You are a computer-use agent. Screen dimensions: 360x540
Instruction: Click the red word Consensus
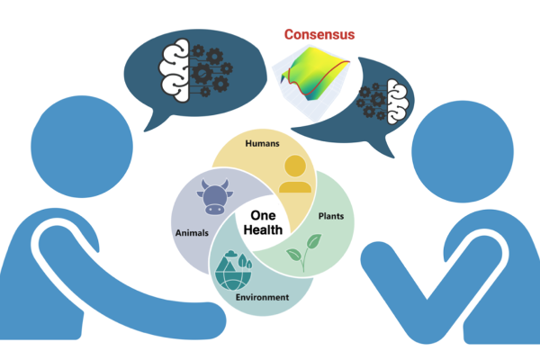click(x=319, y=34)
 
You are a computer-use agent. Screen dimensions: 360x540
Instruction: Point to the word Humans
click(x=263, y=143)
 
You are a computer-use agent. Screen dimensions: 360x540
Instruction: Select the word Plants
click(x=330, y=217)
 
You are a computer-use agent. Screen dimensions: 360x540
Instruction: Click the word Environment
click(x=263, y=297)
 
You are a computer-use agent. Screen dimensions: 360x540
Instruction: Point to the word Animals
click(x=191, y=232)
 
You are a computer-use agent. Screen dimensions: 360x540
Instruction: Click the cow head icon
click(x=213, y=197)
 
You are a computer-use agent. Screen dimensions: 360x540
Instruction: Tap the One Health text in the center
click(x=265, y=223)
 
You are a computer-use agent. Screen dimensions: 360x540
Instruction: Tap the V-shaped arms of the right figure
click(x=423, y=288)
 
